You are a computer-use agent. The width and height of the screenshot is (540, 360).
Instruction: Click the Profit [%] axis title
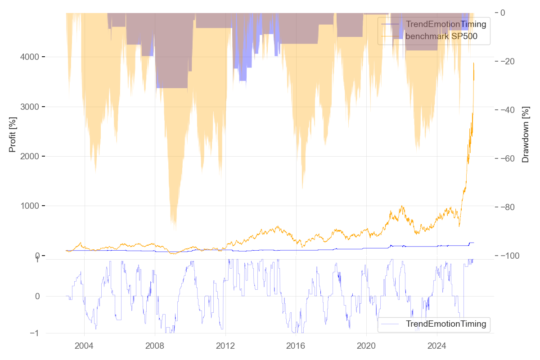[13, 134]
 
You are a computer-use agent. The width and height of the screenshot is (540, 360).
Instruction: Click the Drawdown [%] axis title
[525, 134]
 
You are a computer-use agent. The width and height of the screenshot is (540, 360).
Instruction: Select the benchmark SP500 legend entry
[441, 36]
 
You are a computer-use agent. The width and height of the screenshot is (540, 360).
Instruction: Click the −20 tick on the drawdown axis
[512, 61]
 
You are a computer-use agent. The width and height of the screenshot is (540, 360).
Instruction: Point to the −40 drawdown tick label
[512, 110]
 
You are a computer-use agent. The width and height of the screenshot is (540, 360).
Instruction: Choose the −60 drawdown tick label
[512, 158]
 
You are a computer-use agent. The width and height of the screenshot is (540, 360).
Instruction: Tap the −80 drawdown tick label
[512, 207]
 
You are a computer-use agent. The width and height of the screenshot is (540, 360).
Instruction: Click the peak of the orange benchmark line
[473, 63]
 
